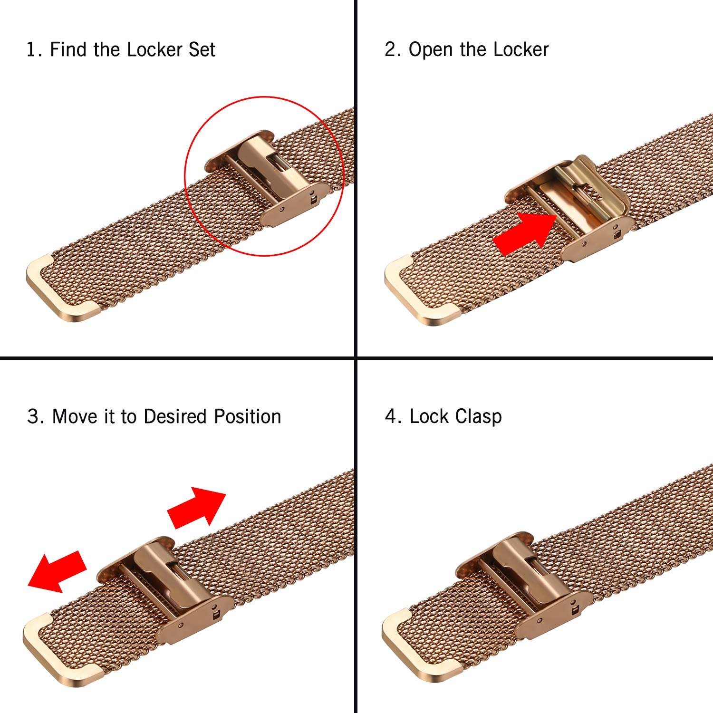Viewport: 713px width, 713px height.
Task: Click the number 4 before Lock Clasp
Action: [391, 416]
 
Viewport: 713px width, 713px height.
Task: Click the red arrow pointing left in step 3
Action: [57, 571]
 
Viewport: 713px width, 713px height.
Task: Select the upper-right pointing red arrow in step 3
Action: [196, 507]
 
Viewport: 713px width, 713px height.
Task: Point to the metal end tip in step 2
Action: [421, 290]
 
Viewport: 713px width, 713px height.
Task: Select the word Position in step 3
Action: [247, 416]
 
